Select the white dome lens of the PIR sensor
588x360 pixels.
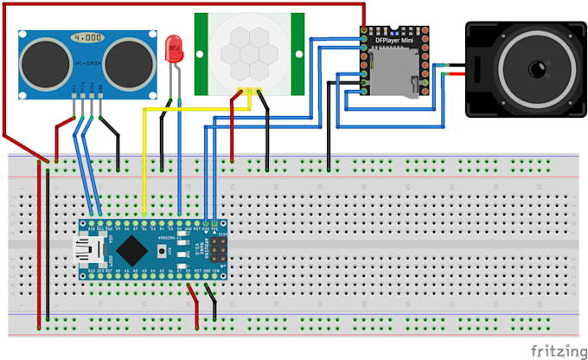point(249,53)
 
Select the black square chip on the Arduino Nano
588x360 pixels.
point(129,251)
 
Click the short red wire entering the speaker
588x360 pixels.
point(454,75)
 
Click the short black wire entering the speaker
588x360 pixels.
point(454,65)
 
